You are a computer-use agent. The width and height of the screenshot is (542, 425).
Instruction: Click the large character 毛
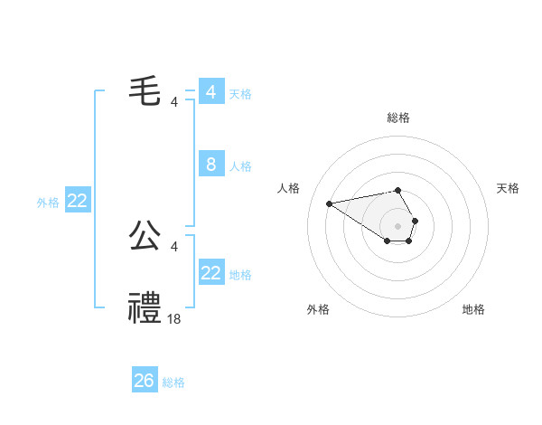pos(145,92)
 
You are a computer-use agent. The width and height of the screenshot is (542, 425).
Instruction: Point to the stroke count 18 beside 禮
pos(174,318)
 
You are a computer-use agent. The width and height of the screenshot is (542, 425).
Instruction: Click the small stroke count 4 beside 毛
pos(174,101)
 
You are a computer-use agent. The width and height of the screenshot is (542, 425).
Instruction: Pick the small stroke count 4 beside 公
pos(174,246)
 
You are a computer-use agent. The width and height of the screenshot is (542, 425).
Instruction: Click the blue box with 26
pos(145,381)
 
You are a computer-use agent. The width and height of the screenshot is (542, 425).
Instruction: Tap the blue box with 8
pos(210,165)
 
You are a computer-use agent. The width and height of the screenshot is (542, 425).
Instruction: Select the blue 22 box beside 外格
pos(77,201)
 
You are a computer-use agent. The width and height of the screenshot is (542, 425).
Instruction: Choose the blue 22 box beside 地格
pos(210,273)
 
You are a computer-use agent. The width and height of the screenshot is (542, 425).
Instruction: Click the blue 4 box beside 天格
pos(210,92)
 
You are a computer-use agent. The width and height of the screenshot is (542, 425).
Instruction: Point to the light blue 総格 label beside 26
pos(173,382)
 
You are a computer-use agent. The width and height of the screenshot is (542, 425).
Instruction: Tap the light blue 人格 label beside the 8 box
pos(240,166)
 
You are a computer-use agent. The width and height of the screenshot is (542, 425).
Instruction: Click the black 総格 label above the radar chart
pos(397,118)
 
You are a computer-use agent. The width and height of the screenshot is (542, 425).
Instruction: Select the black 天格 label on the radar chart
pos(509,188)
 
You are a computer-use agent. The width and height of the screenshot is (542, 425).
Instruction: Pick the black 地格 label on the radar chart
pos(473,309)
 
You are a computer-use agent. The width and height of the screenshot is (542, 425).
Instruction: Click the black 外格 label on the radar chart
pos(318,309)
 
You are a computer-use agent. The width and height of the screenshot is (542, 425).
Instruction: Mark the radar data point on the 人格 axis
pos(329,203)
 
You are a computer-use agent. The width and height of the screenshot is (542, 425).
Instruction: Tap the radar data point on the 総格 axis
pos(397,190)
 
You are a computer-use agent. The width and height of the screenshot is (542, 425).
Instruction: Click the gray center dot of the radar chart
pos(397,224)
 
